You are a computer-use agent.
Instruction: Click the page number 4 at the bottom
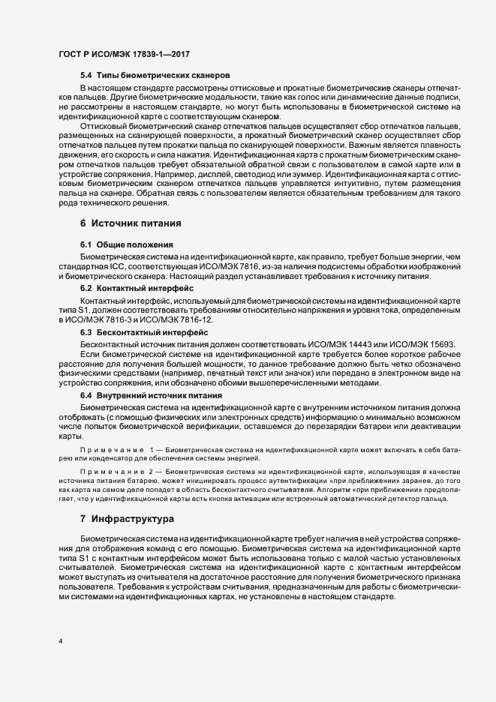pos(60,641)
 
